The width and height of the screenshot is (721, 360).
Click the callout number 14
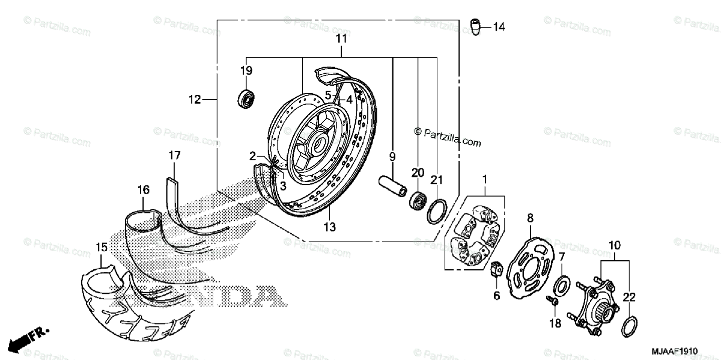(499, 26)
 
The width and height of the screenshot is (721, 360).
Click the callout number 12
(193, 100)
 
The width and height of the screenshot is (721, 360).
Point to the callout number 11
(341, 39)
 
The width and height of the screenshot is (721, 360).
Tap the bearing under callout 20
(416, 200)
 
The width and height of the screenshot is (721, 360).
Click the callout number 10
(614, 245)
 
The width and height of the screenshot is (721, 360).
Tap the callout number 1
(484, 180)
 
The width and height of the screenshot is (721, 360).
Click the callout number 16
(143, 190)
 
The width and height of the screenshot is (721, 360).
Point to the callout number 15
(101, 247)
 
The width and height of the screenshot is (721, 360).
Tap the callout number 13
(330, 227)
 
